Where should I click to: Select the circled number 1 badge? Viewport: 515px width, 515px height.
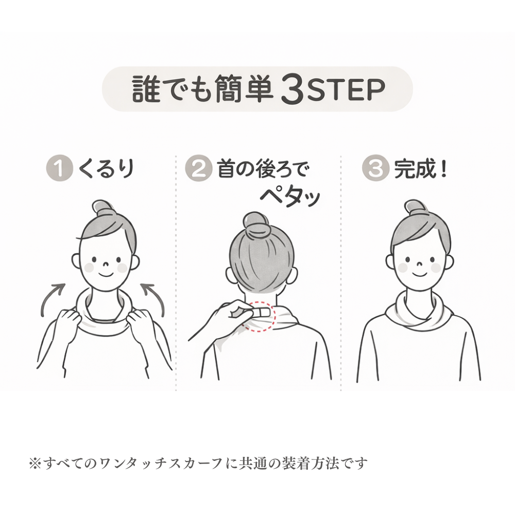tap(60, 170)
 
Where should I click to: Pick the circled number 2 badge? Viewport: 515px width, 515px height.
tap(198, 170)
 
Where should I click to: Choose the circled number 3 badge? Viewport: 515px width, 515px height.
tap(375, 170)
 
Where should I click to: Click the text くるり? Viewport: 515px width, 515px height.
tap(106, 169)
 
